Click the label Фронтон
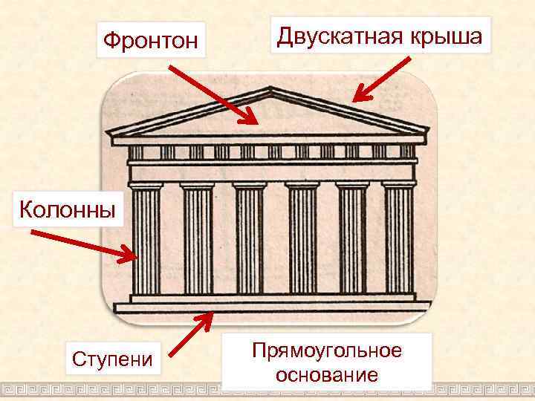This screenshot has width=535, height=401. pyautogui.click(x=151, y=40)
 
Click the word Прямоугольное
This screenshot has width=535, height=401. pyautogui.click(x=326, y=350)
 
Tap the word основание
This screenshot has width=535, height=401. pyautogui.click(x=326, y=374)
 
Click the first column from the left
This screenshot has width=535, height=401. pyautogui.click(x=146, y=239)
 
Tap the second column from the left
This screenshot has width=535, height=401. pyautogui.click(x=198, y=239)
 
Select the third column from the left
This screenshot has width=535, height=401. pyautogui.click(x=250, y=239)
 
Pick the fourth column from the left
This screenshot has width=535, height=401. pyautogui.click(x=302, y=239)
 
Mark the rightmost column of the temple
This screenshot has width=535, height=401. pyautogui.click(x=398, y=239)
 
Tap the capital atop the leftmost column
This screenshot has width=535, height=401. pyautogui.click(x=146, y=185)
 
